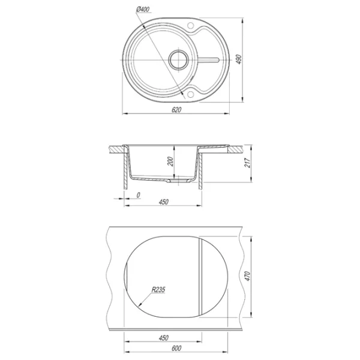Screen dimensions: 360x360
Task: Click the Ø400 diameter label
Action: click(x=143, y=9)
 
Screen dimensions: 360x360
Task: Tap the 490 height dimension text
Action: click(x=239, y=59)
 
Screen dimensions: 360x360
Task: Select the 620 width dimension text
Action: click(x=176, y=110)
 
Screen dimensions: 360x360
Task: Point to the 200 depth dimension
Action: click(x=170, y=161)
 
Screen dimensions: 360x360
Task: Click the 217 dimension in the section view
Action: click(x=247, y=163)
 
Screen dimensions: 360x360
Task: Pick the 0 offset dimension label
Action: click(x=138, y=195)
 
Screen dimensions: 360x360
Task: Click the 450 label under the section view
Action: click(x=163, y=202)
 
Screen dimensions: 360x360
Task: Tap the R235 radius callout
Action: click(x=158, y=290)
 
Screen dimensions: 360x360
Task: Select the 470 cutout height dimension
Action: click(x=247, y=276)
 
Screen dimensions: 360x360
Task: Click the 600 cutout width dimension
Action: click(x=176, y=348)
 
